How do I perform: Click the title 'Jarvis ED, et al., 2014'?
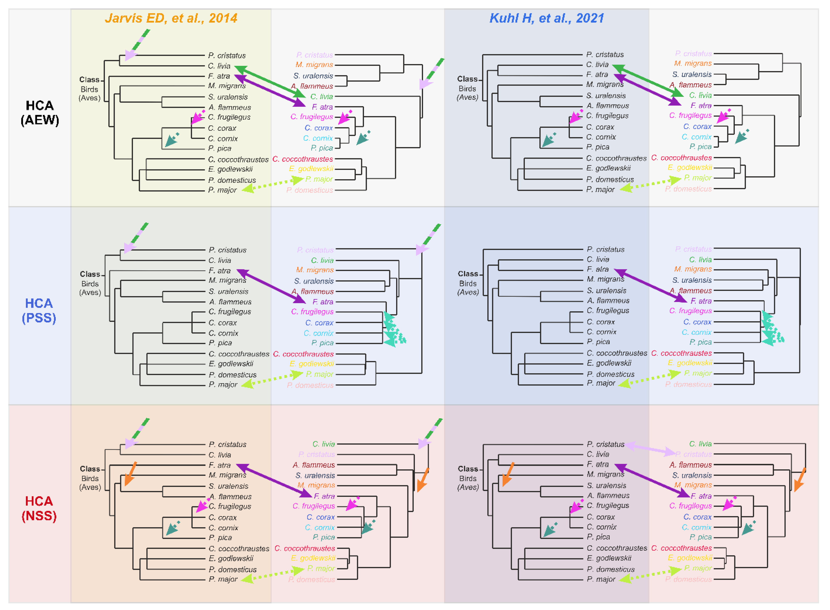[171, 18]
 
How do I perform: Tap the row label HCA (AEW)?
[39, 113]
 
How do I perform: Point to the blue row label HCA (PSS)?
[39, 310]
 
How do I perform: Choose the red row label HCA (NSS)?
[39, 508]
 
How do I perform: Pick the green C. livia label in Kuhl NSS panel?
[700, 444]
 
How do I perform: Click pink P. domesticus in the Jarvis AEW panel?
[309, 190]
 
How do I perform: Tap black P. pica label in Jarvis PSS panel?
[220, 343]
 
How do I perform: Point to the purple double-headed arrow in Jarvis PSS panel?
[272, 286]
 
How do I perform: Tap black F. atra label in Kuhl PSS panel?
[598, 269]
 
